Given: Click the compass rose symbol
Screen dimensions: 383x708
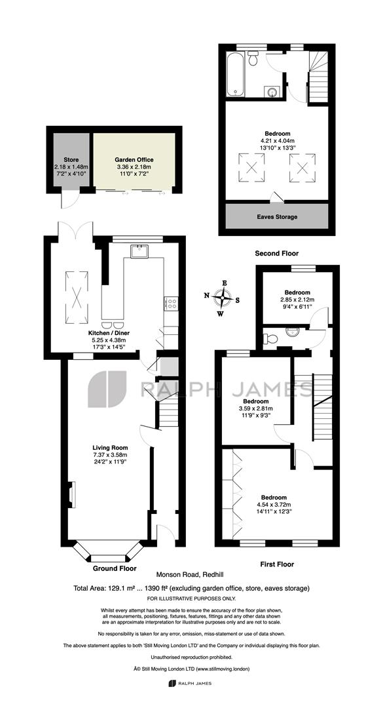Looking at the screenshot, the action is point(223,298).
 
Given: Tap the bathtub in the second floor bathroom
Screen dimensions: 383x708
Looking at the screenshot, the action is point(235,74).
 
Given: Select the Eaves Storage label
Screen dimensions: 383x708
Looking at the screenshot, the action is point(278,217).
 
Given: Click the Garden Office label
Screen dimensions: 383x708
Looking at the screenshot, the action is point(134,159).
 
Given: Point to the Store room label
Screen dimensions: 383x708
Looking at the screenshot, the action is point(71,160).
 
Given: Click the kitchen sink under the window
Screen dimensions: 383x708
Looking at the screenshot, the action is point(139,251).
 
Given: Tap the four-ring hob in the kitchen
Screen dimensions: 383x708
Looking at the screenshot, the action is point(172,302).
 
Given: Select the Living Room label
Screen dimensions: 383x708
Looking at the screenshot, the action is point(108,448).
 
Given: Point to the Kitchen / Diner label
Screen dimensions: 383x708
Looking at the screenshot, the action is point(108,333).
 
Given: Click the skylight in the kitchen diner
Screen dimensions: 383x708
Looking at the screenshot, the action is point(77,297).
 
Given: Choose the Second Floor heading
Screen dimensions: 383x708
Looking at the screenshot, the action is point(276,253).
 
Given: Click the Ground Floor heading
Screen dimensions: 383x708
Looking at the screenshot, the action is point(115,568).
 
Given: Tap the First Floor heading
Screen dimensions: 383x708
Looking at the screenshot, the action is point(277,564).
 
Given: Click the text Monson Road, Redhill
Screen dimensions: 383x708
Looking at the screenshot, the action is point(191,575).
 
